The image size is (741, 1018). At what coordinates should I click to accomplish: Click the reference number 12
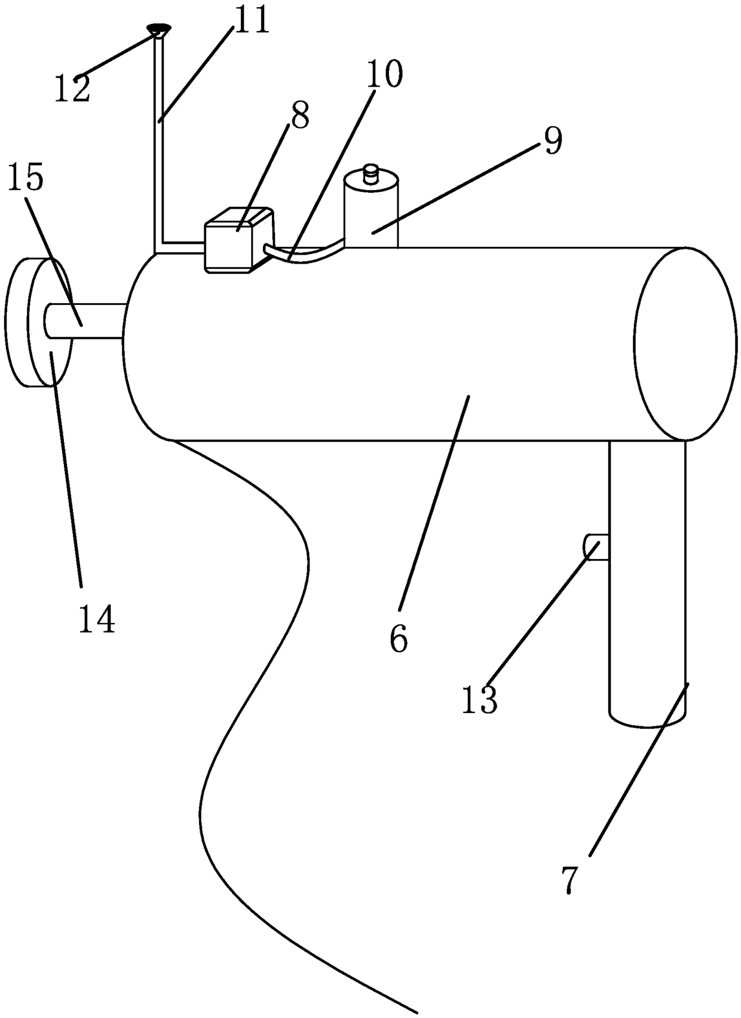pyautogui.click(x=72, y=88)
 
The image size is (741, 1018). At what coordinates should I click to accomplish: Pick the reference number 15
pyautogui.click(x=26, y=178)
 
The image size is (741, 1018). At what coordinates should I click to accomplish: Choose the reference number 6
pyautogui.click(x=399, y=638)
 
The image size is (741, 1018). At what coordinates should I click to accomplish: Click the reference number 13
pyautogui.click(x=479, y=699)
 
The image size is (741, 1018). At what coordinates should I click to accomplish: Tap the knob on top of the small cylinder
pyautogui.click(x=372, y=175)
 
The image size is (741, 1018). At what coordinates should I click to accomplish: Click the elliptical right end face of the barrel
pyautogui.click(x=685, y=344)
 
